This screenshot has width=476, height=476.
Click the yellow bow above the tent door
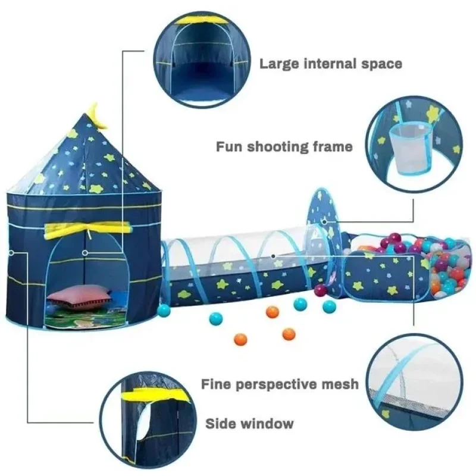pyautogui.click(x=88, y=230)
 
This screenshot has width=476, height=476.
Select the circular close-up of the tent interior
pyautogui.click(x=202, y=60)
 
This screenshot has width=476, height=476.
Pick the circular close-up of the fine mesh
pyautogui.click(x=414, y=382)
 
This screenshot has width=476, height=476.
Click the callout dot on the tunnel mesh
pyautogui.click(x=273, y=256)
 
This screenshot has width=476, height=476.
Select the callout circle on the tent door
pyautogui.click(x=85, y=253)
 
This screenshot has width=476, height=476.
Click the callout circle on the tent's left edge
pyautogui.click(x=11, y=253)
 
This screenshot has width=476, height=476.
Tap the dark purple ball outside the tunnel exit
pyautogui.click(x=321, y=290)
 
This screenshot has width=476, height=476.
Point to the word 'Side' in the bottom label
pyautogui.click(x=220, y=424)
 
